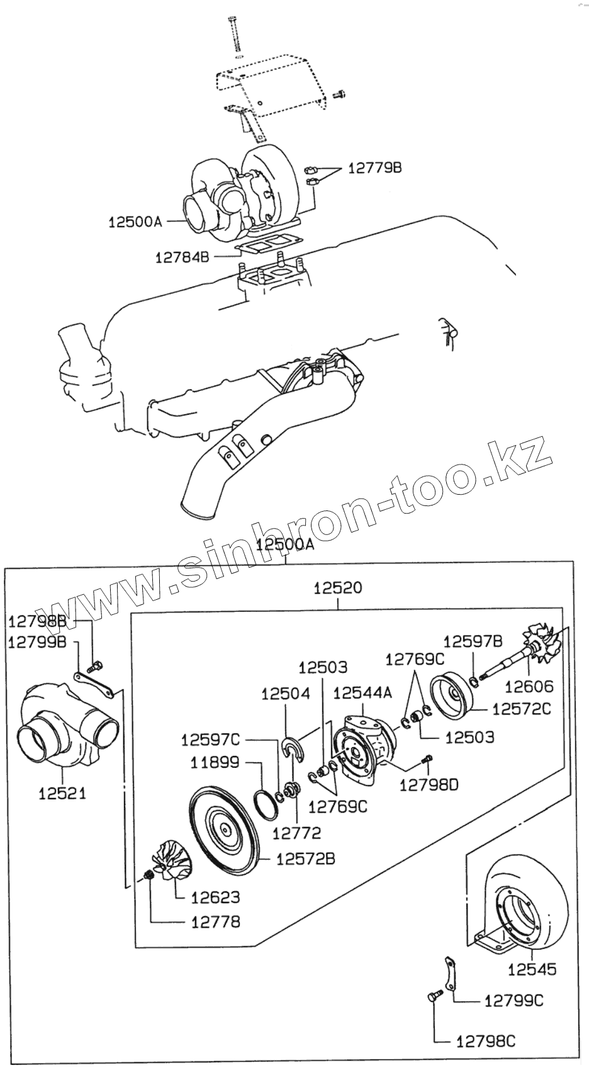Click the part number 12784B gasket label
pyautogui.click(x=182, y=257)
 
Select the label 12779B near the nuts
pyautogui.click(x=374, y=168)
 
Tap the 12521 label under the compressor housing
pyautogui.click(x=62, y=793)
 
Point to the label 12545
pyautogui.click(x=532, y=969)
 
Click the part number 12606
pyautogui.click(x=529, y=687)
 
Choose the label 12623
pyautogui.click(x=216, y=898)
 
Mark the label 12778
pyautogui.click(x=216, y=922)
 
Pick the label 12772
pyautogui.click(x=296, y=833)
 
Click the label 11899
pyautogui.click(x=215, y=763)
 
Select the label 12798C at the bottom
pyautogui.click(x=485, y=1042)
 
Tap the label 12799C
pyautogui.click(x=513, y=1001)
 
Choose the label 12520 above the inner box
pyautogui.click(x=338, y=588)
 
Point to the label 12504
pyautogui.click(x=286, y=694)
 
